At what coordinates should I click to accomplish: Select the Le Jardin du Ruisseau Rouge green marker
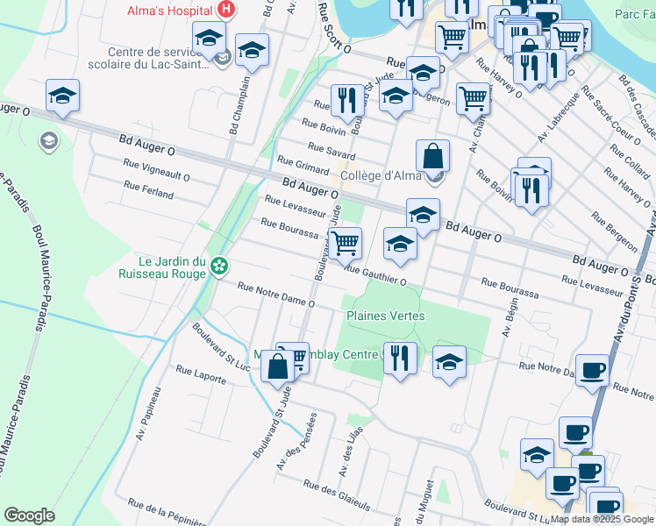coord(219,264)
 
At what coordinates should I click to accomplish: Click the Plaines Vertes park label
coord(385,316)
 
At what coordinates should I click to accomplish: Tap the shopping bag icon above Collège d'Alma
coord(433,157)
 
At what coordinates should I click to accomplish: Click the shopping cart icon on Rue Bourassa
coord(346,242)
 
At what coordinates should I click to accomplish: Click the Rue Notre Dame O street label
coord(275,295)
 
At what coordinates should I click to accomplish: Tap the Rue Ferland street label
coord(148,190)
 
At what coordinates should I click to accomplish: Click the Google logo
coord(29,515)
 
